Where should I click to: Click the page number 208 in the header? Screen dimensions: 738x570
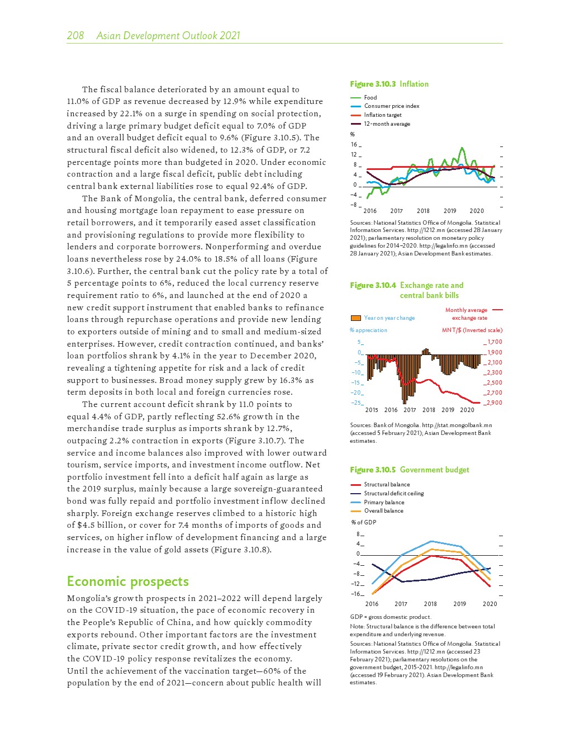(75, 36)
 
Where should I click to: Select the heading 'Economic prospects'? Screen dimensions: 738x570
(128, 581)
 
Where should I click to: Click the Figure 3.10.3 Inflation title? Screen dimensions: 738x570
(389, 84)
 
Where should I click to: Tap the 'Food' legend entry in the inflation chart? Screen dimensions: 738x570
(370, 97)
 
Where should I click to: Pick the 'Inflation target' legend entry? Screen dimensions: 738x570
(383, 115)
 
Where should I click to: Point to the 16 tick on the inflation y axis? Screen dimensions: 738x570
(354, 145)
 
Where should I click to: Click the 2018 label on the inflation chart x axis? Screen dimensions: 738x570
(423, 211)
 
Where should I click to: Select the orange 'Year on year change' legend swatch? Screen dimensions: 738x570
(355, 318)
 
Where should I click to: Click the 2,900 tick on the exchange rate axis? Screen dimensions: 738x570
(495, 403)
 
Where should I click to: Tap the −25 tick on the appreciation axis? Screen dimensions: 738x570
(356, 403)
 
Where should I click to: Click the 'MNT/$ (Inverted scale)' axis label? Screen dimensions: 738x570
(472, 330)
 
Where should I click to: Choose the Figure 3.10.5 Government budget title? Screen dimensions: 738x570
(410, 470)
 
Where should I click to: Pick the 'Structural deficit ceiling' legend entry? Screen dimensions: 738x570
(394, 494)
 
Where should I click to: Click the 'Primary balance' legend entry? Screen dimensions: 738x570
(384, 502)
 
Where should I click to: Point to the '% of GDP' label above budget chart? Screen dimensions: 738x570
(364, 522)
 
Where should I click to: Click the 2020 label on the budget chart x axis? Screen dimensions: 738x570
(490, 604)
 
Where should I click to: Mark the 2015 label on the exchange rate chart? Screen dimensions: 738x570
(372, 410)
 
